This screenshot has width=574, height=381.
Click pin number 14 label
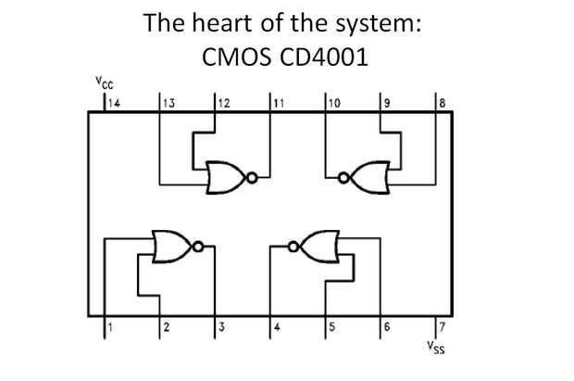point(114,103)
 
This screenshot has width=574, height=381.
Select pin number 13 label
point(169,103)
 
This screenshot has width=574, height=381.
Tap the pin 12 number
point(224,103)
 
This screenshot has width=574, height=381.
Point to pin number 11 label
point(279,103)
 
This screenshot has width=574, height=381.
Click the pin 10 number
point(334,103)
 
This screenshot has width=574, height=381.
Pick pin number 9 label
point(387,103)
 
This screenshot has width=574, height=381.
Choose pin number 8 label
point(443,103)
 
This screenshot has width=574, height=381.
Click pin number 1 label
point(110,326)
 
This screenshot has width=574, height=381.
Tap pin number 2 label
point(167,326)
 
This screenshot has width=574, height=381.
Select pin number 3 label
point(222,326)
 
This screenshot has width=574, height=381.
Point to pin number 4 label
point(277,326)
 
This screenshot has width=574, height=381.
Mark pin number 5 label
point(332,326)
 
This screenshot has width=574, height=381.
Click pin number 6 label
point(387,326)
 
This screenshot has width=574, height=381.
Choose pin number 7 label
point(443,326)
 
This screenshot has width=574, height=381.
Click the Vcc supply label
point(105,83)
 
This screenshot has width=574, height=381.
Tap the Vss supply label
point(436,348)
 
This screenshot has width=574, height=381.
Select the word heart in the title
point(223,23)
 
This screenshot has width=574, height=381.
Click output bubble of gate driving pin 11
point(252,178)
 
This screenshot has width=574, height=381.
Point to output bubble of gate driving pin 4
point(293,247)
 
